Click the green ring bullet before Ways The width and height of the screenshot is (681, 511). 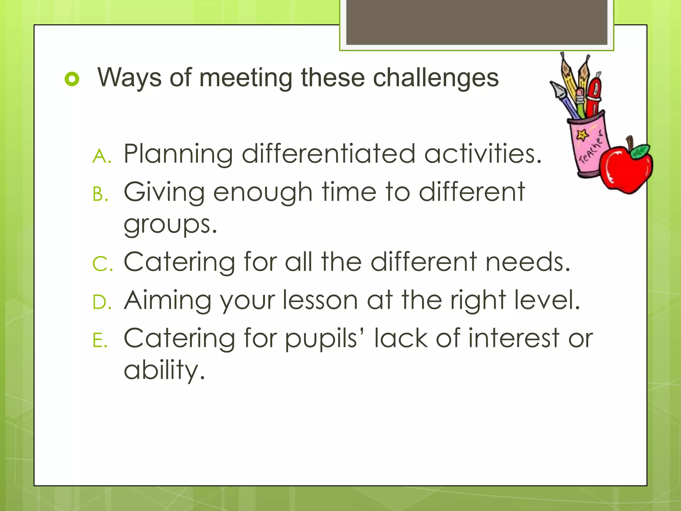click(x=72, y=79)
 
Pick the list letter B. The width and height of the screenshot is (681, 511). click(x=100, y=194)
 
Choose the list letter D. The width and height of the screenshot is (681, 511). click(x=101, y=302)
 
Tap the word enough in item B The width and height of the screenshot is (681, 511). click(x=263, y=193)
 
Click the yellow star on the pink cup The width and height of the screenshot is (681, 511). click(x=582, y=135)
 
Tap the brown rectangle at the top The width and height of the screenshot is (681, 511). click(x=477, y=22)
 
